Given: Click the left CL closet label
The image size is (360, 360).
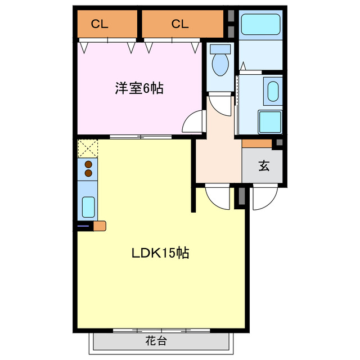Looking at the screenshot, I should click(x=100, y=24).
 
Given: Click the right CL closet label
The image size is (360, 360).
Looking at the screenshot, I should click(x=179, y=24).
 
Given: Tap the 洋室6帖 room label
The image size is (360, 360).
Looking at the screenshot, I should click(x=139, y=88).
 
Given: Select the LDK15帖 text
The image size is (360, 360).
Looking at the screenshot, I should click(x=160, y=253).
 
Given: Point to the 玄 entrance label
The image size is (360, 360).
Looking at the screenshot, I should click(x=263, y=166).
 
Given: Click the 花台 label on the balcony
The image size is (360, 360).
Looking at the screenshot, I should click(x=156, y=340).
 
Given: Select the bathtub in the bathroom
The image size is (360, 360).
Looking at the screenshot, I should click(x=260, y=25).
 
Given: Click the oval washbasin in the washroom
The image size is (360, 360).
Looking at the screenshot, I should click(x=272, y=91).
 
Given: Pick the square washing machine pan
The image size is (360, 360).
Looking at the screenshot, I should click(x=269, y=121).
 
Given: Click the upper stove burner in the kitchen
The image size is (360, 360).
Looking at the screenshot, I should click(x=88, y=165).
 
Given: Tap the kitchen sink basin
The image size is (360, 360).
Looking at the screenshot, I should click(x=88, y=207).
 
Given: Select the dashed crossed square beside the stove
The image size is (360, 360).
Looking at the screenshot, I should click(x=88, y=148).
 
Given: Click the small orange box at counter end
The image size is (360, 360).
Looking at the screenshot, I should click(x=99, y=226).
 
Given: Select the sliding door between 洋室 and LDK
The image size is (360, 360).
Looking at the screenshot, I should click(x=141, y=136).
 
